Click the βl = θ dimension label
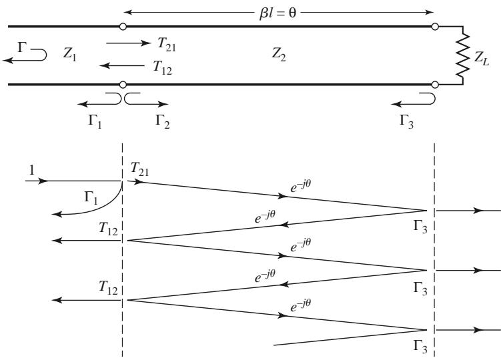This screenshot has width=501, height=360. (278, 13)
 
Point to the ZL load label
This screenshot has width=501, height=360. (481, 58)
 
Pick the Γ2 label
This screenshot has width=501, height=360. (162, 122)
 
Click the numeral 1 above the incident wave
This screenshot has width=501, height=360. (31, 170)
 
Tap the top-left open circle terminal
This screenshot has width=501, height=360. (123, 27)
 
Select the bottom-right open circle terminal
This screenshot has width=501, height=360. (434, 85)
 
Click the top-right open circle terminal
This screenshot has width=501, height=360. (434, 27)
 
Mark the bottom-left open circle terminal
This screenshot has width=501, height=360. (123, 85)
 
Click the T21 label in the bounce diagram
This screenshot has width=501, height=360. (139, 169)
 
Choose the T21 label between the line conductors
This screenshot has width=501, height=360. (167, 44)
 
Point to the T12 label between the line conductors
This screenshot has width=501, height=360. (162, 67)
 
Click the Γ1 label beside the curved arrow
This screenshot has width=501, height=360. (91, 198)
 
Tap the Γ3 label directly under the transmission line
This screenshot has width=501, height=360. (406, 122)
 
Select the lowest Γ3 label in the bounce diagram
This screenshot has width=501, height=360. (420, 347)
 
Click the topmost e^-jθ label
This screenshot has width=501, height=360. (301, 186)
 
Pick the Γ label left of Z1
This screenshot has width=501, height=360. (22, 47)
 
